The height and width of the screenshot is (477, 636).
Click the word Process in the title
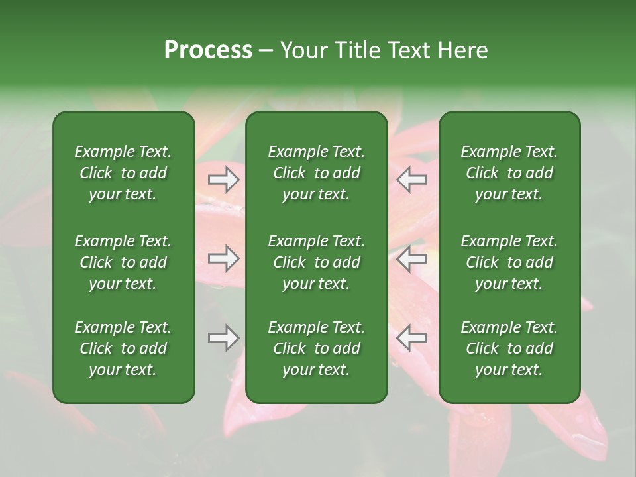coord(208,50)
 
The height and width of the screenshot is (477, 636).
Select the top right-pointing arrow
coord(223,179)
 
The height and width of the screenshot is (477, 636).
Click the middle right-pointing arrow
coord(223,258)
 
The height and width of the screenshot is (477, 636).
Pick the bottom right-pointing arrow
coord(223,338)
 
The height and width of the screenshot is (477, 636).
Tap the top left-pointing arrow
coord(411,179)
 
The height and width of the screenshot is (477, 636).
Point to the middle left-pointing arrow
coord(411,258)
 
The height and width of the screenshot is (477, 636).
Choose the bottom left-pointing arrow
coord(411,338)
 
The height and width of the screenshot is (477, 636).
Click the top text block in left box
coord(123,173)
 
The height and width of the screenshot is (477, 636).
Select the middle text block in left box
coord(123,262)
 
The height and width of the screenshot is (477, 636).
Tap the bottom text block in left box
coord(123,348)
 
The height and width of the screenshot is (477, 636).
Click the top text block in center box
coord(317,173)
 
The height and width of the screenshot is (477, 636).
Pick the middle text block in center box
coord(317,262)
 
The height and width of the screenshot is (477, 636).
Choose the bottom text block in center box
coord(317,348)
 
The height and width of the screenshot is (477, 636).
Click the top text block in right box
coord(509,173)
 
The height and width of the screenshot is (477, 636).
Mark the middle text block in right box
coord(509,262)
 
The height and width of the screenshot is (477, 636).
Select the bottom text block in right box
coord(509,348)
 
